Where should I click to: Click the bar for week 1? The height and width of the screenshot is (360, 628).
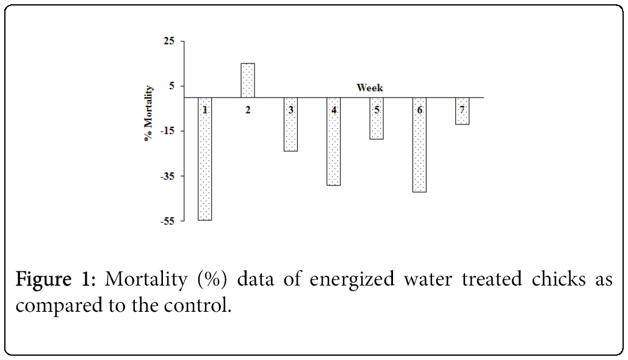205,165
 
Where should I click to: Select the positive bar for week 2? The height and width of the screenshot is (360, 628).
248,80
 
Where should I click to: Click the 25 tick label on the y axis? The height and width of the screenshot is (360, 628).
168,41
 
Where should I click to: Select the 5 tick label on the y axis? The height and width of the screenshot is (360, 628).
171,86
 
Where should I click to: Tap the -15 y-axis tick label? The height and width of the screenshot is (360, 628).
167,131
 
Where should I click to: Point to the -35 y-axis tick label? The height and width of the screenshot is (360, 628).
167,176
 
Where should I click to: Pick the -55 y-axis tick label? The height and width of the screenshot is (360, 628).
167,221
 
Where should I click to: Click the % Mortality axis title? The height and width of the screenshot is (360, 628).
148,113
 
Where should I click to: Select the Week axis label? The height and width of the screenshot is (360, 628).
370,88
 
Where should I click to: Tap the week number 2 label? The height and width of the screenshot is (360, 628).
248,110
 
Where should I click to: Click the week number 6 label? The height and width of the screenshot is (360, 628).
419,110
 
